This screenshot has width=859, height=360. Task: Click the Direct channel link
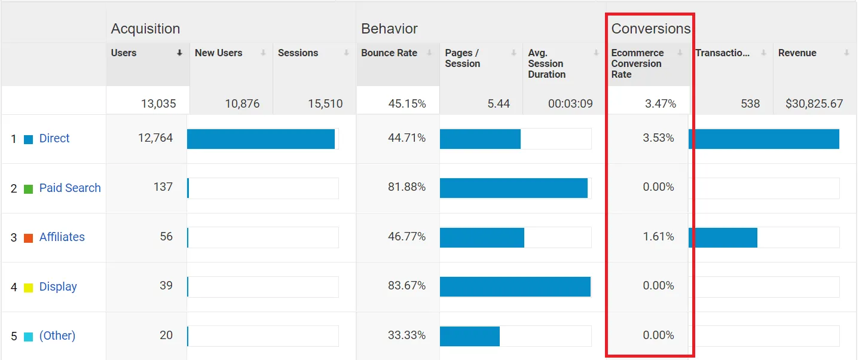click(54, 139)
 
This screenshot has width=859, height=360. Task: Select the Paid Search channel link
click(70, 188)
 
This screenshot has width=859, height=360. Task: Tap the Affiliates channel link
click(62, 237)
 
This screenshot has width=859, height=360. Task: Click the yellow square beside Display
click(28, 288)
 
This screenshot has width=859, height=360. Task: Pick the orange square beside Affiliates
click(28, 238)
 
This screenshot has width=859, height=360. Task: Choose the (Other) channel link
click(57, 336)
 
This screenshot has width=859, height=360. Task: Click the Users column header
click(124, 53)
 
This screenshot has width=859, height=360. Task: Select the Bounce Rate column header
click(389, 53)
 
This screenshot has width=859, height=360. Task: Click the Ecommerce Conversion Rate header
click(637, 63)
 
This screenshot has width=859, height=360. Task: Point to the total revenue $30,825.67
click(814, 103)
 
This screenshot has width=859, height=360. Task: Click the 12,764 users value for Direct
click(155, 138)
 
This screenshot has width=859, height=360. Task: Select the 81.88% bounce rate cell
click(406, 187)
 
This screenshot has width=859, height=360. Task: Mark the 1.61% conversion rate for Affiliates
click(658, 237)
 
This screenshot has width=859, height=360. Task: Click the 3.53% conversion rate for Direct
click(658, 138)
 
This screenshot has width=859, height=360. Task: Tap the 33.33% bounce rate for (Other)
click(406, 335)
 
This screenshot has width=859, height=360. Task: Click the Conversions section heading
click(650, 29)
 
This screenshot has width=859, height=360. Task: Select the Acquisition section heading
click(145, 29)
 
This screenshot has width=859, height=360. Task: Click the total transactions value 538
click(750, 103)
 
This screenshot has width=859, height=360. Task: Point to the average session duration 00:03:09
click(570, 103)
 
